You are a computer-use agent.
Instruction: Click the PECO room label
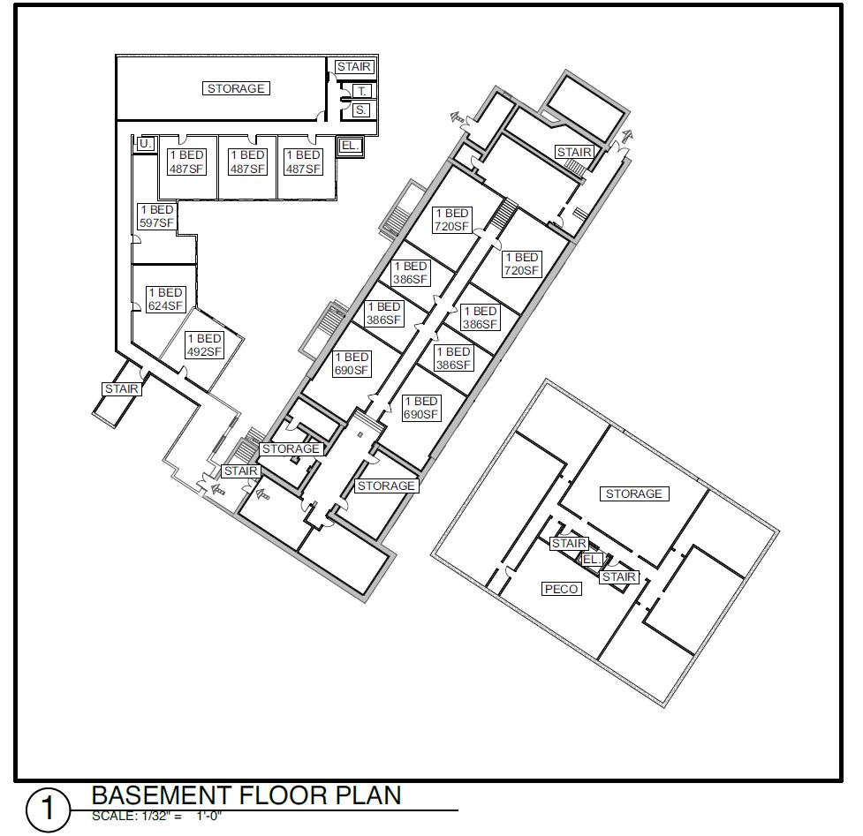(x=561, y=589)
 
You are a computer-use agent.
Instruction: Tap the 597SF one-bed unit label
(x=155, y=216)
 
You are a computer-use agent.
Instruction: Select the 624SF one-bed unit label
(x=165, y=299)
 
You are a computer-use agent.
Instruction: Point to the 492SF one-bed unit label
(x=204, y=345)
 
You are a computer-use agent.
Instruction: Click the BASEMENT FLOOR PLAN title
(x=246, y=795)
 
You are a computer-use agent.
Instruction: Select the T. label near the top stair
(x=361, y=91)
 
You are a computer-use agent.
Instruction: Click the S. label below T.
(x=361, y=109)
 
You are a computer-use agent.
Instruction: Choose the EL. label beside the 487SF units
(x=350, y=146)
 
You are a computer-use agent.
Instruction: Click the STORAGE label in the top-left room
(x=237, y=88)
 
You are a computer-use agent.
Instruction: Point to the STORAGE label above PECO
(x=633, y=493)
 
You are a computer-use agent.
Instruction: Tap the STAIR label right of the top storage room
(x=353, y=67)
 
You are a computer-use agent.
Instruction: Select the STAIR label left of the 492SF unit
(x=122, y=388)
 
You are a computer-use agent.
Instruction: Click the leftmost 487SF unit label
(x=186, y=162)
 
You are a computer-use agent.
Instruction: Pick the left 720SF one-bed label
(x=451, y=220)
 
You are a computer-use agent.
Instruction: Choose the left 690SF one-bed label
(x=351, y=364)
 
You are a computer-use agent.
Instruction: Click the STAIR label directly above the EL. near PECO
(x=569, y=544)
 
